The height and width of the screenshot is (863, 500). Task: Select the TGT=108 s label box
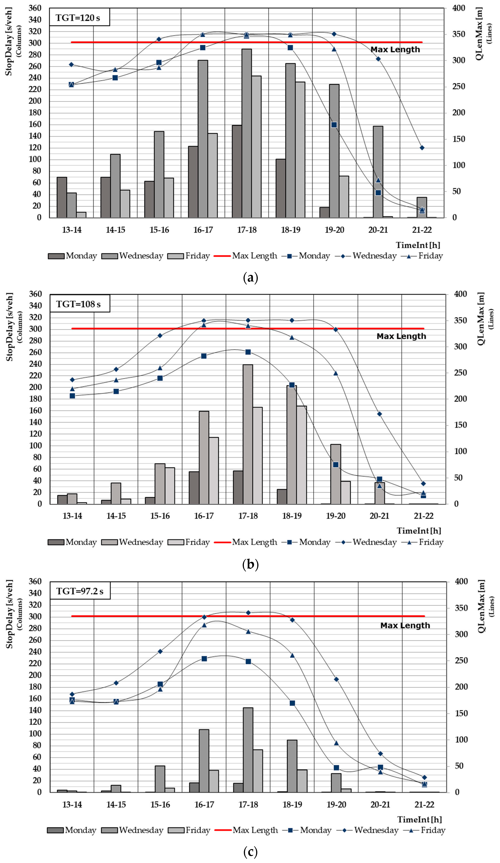[80, 304]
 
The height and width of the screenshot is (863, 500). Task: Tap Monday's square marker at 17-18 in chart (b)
[248, 352]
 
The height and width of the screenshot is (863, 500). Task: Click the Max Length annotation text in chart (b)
[401, 336]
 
